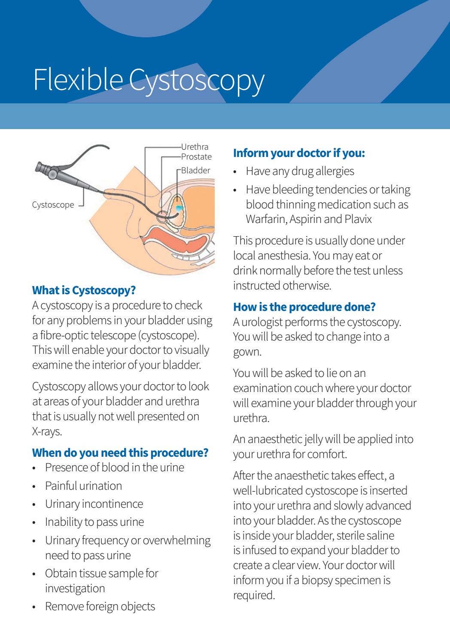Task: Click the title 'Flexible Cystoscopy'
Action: click(149, 80)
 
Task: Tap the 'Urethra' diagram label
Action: click(195, 147)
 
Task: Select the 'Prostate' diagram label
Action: click(196, 157)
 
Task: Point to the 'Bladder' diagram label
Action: click(195, 170)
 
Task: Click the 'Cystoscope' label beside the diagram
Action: click(53, 205)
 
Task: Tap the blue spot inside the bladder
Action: click(179, 208)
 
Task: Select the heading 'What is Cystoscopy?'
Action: click(84, 290)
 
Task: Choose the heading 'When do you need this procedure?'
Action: click(120, 453)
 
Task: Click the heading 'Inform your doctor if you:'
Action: click(299, 153)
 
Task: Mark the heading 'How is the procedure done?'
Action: click(304, 307)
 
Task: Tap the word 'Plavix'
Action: click(358, 219)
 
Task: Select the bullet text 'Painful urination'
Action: click(83, 486)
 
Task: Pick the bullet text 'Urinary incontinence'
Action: click(94, 504)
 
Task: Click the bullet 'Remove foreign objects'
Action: click(100, 606)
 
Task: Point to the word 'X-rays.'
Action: click(47, 431)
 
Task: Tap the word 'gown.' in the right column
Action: click(247, 352)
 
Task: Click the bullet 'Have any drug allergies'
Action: click(300, 172)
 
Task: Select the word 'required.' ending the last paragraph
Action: click(254, 595)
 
